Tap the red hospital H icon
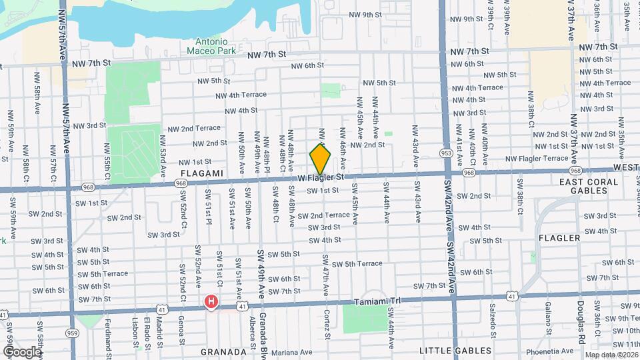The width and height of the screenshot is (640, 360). (211, 303)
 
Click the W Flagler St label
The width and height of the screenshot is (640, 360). (321, 178)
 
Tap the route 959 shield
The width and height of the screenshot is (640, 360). (73, 333)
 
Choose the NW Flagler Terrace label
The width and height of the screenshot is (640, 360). (537, 158)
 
